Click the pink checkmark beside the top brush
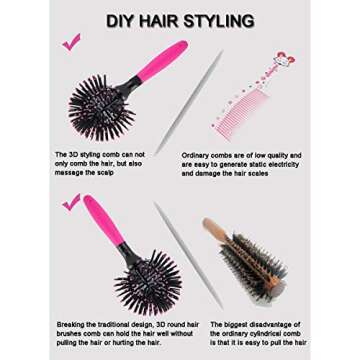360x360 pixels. coord(71,42)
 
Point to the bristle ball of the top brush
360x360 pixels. coord(101,108)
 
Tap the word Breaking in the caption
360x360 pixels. coord(69,324)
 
